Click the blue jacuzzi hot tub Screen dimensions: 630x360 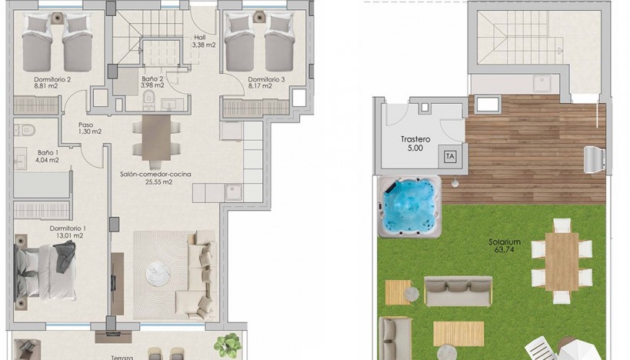(409, 207)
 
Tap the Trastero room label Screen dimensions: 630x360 (415, 139)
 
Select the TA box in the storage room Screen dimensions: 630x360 (450, 156)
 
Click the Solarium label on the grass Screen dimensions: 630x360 (505, 242)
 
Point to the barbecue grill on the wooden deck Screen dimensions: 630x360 (595, 159)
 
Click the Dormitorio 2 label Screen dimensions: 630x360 (52, 79)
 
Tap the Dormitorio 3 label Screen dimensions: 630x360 (266, 79)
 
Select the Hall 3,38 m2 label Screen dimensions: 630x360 (204, 42)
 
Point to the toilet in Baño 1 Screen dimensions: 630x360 (25, 130)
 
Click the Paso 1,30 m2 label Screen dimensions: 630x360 (90, 128)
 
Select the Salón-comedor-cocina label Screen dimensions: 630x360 (155, 175)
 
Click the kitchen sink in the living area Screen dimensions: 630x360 (233, 192)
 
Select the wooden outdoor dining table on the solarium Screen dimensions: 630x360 (562, 262)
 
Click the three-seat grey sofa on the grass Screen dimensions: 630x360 (458, 291)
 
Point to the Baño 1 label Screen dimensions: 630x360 (48, 152)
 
